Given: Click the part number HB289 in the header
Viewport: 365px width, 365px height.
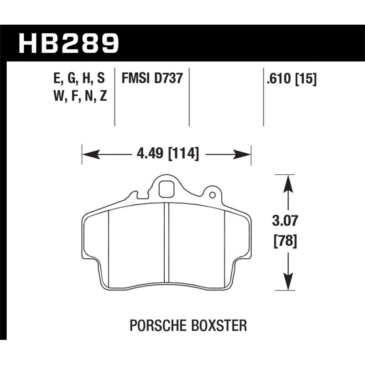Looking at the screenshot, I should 68,42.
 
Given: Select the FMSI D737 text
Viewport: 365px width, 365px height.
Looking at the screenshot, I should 152,78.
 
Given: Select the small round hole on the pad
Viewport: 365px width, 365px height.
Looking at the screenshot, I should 212,195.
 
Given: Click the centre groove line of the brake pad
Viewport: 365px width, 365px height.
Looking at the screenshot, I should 167,246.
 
